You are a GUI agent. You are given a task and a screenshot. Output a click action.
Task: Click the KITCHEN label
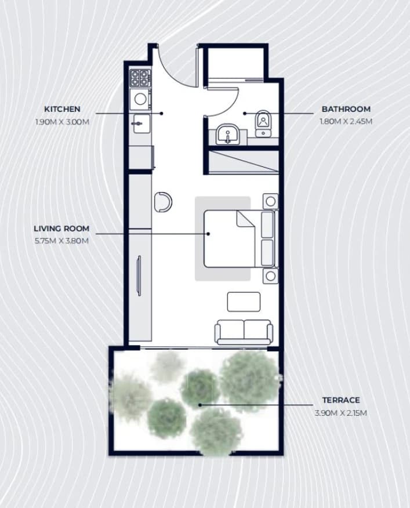pyautogui.click(x=62, y=109)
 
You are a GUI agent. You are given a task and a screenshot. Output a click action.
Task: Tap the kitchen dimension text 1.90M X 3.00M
pyautogui.click(x=62, y=122)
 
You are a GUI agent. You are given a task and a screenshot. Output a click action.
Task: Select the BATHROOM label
pyautogui.click(x=346, y=109)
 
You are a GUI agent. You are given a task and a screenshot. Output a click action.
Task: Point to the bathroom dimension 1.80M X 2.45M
pyautogui.click(x=346, y=122)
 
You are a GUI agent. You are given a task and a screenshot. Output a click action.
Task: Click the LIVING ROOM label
pyautogui.click(x=61, y=228)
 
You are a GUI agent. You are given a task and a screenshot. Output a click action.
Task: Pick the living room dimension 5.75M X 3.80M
pyautogui.click(x=61, y=241)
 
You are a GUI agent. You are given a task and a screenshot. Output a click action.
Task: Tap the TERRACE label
pyautogui.click(x=341, y=401)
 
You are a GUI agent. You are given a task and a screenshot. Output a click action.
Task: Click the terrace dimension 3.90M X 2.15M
pyautogui.click(x=341, y=413)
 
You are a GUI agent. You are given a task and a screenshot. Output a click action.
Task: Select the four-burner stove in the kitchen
pyautogui.click(x=141, y=78)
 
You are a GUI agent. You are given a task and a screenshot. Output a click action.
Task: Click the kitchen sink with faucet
pyautogui.click(x=141, y=124)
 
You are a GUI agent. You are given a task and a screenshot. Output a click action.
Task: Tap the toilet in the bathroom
pyautogui.click(x=263, y=124)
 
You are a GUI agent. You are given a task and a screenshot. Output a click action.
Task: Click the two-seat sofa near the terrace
pyautogui.click(x=244, y=332)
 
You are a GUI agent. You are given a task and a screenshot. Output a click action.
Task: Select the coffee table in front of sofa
pyautogui.click(x=244, y=302)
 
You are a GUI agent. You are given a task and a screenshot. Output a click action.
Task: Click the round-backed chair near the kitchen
pyautogui.click(x=163, y=202)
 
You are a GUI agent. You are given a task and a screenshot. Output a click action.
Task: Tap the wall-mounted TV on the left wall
pyautogui.click(x=139, y=275)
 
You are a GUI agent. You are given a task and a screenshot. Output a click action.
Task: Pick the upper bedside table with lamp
pyautogui.click(x=270, y=201)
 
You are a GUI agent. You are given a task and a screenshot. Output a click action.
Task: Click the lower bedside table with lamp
pyautogui.click(x=270, y=276)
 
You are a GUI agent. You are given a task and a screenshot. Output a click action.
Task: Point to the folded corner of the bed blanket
pyautogui.click(x=245, y=219)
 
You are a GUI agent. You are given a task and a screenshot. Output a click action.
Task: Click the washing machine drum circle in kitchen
pyautogui.click(x=140, y=99)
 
